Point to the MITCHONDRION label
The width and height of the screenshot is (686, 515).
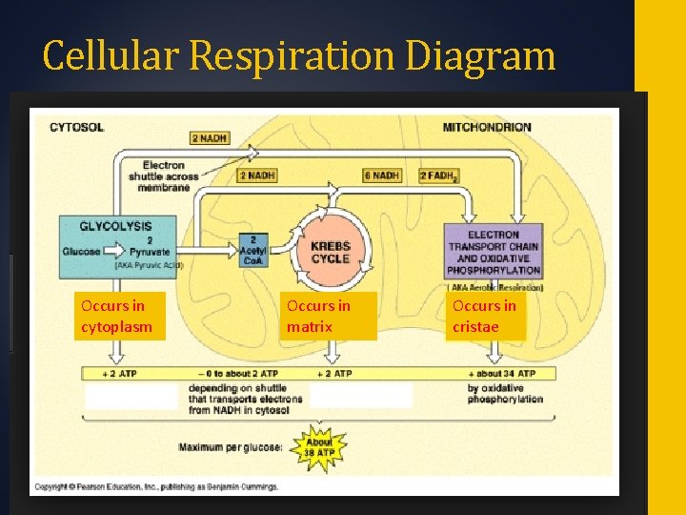point(487,127)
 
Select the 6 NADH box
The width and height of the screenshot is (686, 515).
point(381,175)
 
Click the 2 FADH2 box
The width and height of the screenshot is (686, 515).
point(440,175)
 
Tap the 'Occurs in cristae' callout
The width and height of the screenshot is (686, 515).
point(487,317)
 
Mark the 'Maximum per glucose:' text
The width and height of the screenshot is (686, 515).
point(230,446)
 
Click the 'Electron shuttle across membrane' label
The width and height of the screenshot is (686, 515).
point(170,175)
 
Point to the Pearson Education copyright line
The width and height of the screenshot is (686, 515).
point(155,486)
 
